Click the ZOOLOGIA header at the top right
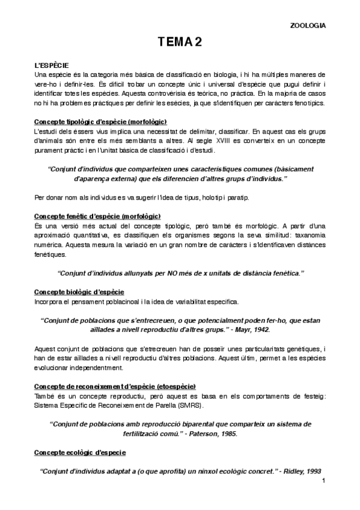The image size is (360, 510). pyautogui.click(x=308, y=25)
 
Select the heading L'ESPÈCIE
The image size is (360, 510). pyautogui.click(x=52, y=64)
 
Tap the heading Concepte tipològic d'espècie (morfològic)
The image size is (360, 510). pyautogui.click(x=100, y=121)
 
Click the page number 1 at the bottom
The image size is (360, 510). pyautogui.click(x=323, y=480)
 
